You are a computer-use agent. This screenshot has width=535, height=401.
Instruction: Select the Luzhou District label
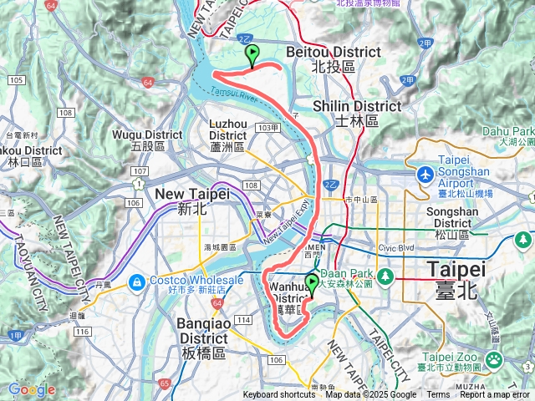coord(227,129)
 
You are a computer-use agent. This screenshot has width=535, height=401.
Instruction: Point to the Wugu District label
coord(147,135)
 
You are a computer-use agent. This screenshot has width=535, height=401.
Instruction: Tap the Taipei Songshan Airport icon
coord(426,176)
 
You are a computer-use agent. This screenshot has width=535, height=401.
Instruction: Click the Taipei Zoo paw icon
coord(494,360)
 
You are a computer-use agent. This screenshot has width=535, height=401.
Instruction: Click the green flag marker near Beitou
coord(252,55)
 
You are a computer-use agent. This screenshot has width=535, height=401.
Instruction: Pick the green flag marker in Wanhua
coord(312,284)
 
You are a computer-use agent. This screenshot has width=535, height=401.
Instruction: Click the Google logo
coord(31,389)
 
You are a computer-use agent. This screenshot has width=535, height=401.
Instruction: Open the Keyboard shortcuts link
coord(279,395)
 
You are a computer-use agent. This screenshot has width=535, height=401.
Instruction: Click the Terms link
coord(438,395)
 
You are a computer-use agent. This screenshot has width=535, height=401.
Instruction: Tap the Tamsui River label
coord(237,93)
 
